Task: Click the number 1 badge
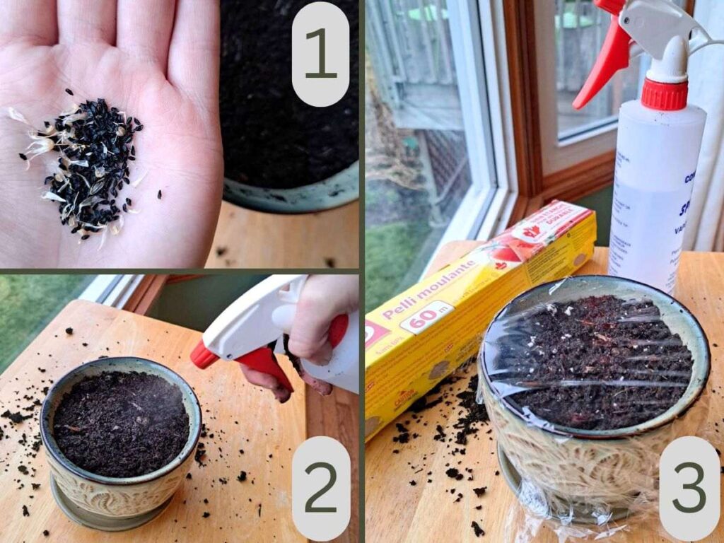[x=320, y=54]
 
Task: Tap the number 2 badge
[x=320, y=488]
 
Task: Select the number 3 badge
[x=689, y=488]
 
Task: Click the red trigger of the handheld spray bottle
[x=265, y=364]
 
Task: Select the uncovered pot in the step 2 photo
[x=120, y=438]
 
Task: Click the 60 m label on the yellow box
[x=426, y=315]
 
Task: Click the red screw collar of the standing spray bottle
[x=664, y=94]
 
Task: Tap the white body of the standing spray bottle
[x=654, y=191]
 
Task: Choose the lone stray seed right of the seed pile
[x=158, y=193]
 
